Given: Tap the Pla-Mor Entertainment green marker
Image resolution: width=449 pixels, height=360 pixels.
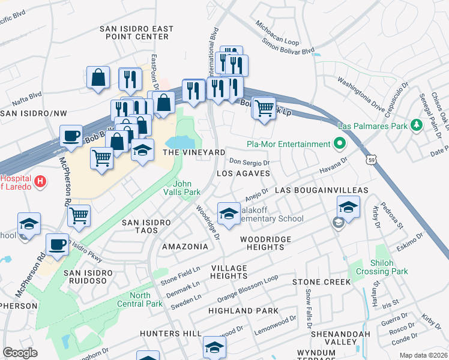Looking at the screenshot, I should coord(339,144).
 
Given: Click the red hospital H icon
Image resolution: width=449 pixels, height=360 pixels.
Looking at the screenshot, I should coord(40,181).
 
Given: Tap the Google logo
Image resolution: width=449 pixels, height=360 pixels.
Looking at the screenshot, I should coord(20,353).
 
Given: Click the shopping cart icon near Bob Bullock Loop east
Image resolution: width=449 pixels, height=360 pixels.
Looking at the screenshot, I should coord(264,108).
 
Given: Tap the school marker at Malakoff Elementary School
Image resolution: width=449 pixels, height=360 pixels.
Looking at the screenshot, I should coord(228,213).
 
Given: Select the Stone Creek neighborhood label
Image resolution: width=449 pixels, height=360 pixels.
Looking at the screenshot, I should coord(321,281).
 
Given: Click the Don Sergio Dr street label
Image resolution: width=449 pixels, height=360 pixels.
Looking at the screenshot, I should coord(250,162).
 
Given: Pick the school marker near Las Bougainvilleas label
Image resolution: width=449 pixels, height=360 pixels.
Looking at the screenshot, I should coord(348,207).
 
